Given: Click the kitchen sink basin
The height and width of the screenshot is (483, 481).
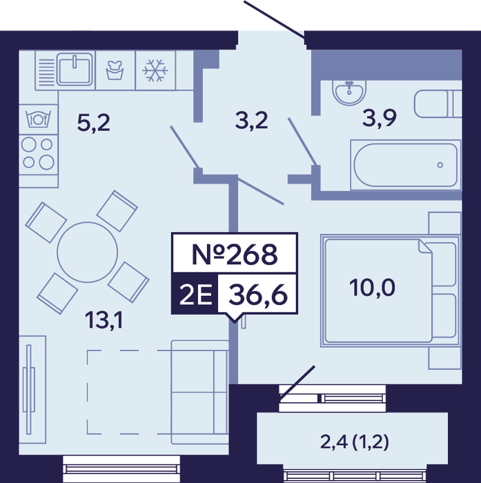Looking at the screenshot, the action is click(x=75, y=69).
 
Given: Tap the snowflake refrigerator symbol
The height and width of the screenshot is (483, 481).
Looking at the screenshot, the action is click(x=155, y=70).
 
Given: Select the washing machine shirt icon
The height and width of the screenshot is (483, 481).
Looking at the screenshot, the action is click(x=115, y=70).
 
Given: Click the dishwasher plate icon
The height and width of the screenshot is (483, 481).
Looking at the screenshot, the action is click(x=38, y=119).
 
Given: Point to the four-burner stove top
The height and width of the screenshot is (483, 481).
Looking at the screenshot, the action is click(x=38, y=153).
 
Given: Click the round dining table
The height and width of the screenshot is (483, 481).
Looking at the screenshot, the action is click(x=87, y=253).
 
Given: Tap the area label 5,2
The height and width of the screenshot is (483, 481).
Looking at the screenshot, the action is click(x=93, y=123).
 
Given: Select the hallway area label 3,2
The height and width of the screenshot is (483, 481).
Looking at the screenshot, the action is click(x=251, y=121).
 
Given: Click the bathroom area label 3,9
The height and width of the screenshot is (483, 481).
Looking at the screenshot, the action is click(x=380, y=118).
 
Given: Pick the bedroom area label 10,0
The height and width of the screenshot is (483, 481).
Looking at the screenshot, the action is click(x=372, y=288).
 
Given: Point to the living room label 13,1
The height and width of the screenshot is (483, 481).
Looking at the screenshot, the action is click(x=104, y=319).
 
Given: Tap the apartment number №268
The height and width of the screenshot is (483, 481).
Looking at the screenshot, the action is click(x=235, y=254).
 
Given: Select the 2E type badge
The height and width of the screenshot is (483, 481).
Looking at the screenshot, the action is click(x=195, y=294).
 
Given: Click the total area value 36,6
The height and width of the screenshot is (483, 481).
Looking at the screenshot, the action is click(x=258, y=295).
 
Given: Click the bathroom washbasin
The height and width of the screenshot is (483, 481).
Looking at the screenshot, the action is click(x=349, y=92).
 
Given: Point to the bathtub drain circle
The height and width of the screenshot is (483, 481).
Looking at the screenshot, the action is click(x=440, y=165).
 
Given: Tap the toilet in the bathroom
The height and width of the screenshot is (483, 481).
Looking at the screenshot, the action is click(x=438, y=103).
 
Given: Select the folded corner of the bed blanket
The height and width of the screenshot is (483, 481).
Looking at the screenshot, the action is click(x=425, y=246).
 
